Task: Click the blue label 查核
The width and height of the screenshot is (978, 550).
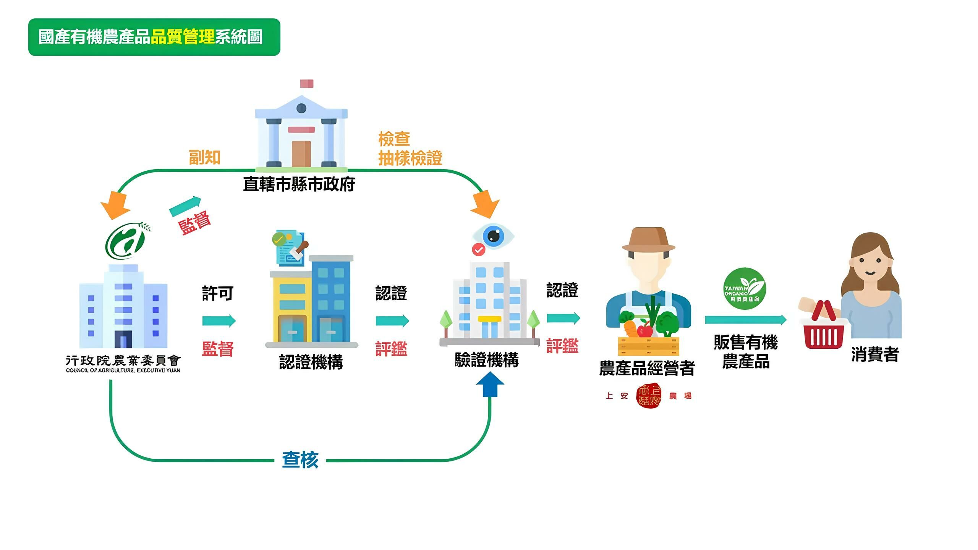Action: coord(300,459)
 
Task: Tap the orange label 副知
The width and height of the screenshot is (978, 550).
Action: coord(205,157)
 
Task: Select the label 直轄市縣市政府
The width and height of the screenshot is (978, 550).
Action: coord(299,184)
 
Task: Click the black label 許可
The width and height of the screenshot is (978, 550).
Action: coord(217,293)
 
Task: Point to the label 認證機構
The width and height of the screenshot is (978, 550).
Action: coord(311,362)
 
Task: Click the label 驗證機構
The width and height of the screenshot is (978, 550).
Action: coord(486,360)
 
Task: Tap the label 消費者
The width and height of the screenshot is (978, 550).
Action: coord(875,354)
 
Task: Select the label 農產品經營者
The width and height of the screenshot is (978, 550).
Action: coord(647,368)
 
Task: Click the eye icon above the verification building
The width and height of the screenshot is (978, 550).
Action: coord(493,236)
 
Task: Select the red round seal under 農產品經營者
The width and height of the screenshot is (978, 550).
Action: coord(648,396)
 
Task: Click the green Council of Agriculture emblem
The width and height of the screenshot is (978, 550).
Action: coord(127,240)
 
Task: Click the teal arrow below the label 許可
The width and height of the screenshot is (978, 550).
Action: coord(219,320)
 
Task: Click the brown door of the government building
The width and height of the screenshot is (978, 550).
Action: coord(301,154)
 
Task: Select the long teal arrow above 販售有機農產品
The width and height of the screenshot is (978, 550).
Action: coord(745,319)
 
